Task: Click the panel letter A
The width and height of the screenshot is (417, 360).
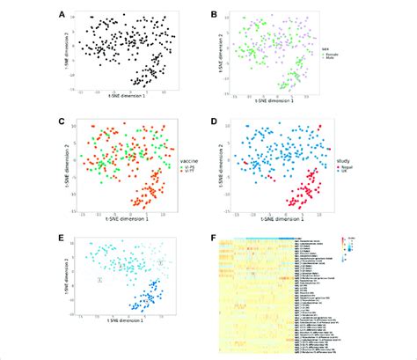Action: coord(61,14)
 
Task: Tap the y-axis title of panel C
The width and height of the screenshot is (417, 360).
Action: coord(67,163)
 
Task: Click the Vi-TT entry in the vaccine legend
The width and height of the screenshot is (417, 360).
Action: coord(186,170)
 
